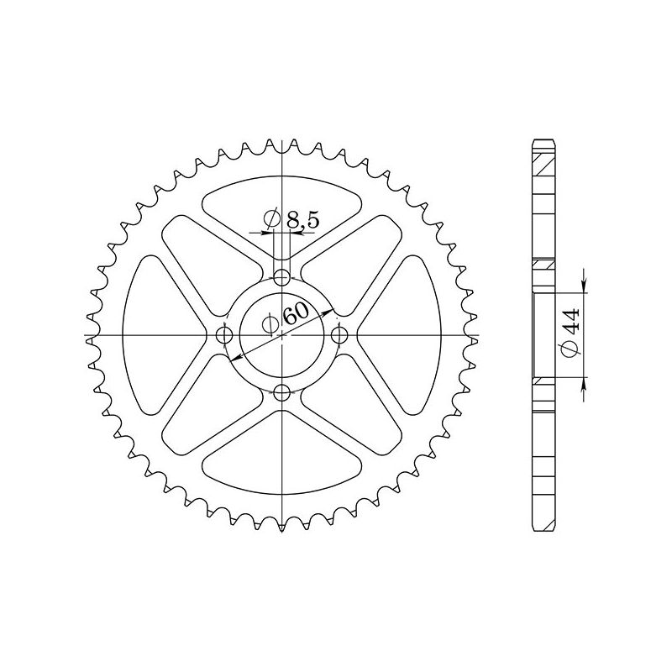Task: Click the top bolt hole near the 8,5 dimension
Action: pos(282,277)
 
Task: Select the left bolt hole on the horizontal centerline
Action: pos(223,335)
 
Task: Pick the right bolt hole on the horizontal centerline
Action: pos(339,335)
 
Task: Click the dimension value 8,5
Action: pos(302,221)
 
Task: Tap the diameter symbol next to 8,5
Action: pos(271,220)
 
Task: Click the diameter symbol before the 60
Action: pos(269,325)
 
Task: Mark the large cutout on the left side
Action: pos(155,335)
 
